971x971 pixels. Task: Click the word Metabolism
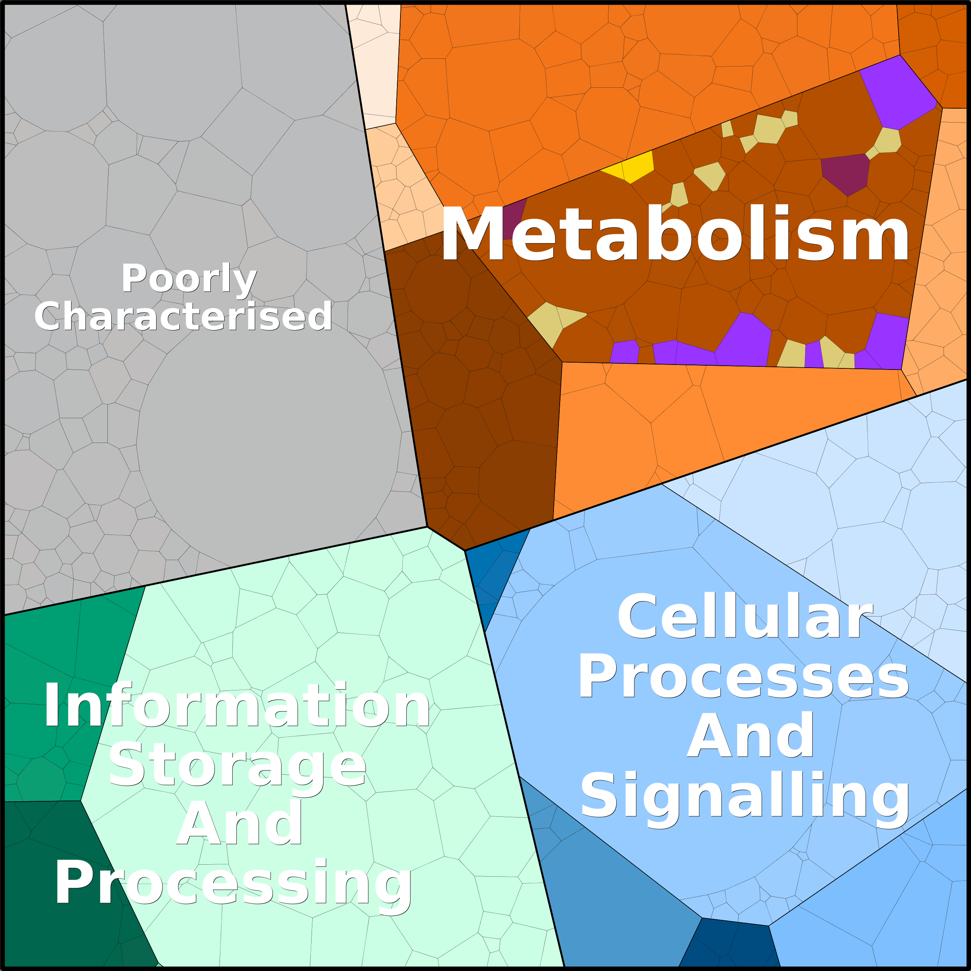675,234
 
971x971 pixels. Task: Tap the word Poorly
189,278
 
